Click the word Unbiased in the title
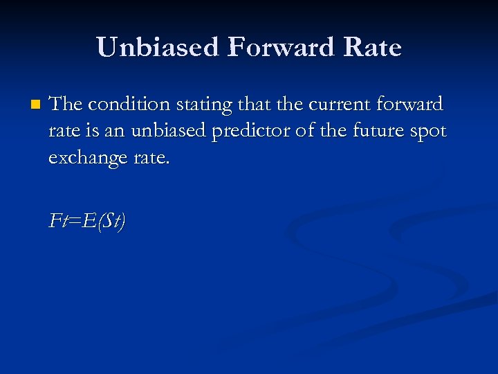158,48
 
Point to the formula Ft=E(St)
87,221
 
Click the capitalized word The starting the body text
66,105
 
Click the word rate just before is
62,131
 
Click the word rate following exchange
147,157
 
